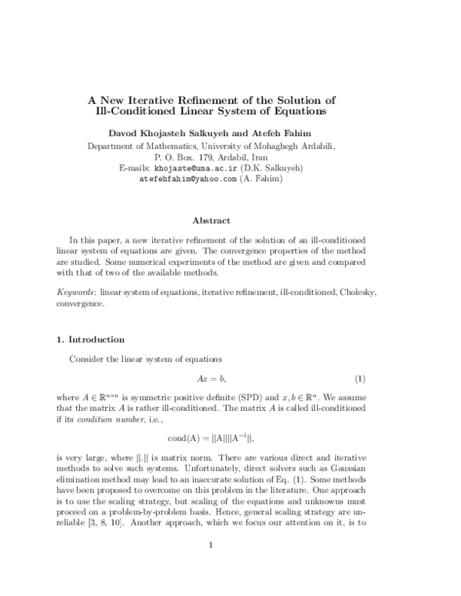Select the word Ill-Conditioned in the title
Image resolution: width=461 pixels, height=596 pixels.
point(128,112)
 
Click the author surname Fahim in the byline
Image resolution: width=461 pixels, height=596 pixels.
point(300,132)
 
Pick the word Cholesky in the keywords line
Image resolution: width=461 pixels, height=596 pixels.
point(353,293)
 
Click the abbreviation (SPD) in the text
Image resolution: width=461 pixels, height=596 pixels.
point(254,398)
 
